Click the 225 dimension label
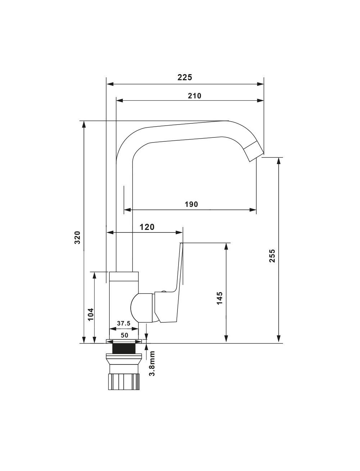pos(185,77)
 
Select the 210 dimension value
pos(194,96)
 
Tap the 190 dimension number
pos(191,204)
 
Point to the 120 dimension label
pos(147,227)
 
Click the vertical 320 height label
pos(77,237)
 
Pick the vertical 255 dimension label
pos(272,256)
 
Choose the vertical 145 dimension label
pos(220,298)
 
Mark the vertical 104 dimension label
pos(91,314)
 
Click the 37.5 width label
pos(123,323)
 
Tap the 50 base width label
pos(124,335)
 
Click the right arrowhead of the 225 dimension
pos(260,84)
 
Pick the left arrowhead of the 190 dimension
pos(127,210)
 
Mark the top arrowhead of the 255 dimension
pos(279,161)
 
